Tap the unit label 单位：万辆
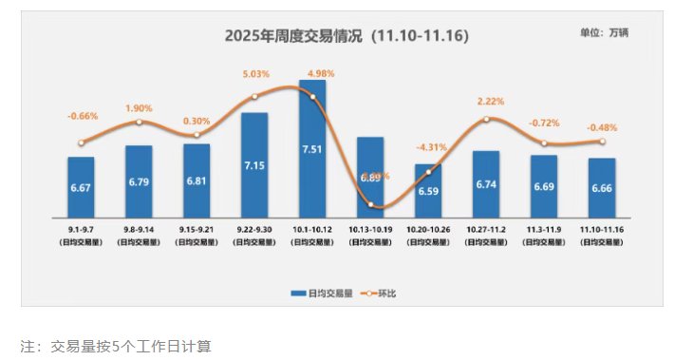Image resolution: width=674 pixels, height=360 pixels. pyautogui.click(x=604, y=32)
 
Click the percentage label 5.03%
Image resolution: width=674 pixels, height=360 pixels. pyautogui.click(x=256, y=73)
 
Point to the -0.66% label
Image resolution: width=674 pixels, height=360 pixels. pyautogui.click(x=83, y=116)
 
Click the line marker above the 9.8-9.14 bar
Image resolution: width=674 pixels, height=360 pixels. pyautogui.click(x=139, y=122)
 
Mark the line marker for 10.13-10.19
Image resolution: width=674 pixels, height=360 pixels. pyautogui.click(x=370, y=206)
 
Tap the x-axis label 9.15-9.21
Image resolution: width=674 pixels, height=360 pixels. pyautogui.click(x=197, y=231)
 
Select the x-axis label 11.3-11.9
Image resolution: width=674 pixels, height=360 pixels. pyautogui.click(x=543, y=231)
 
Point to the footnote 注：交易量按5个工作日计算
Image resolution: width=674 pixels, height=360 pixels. pyautogui.click(x=114, y=346)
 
